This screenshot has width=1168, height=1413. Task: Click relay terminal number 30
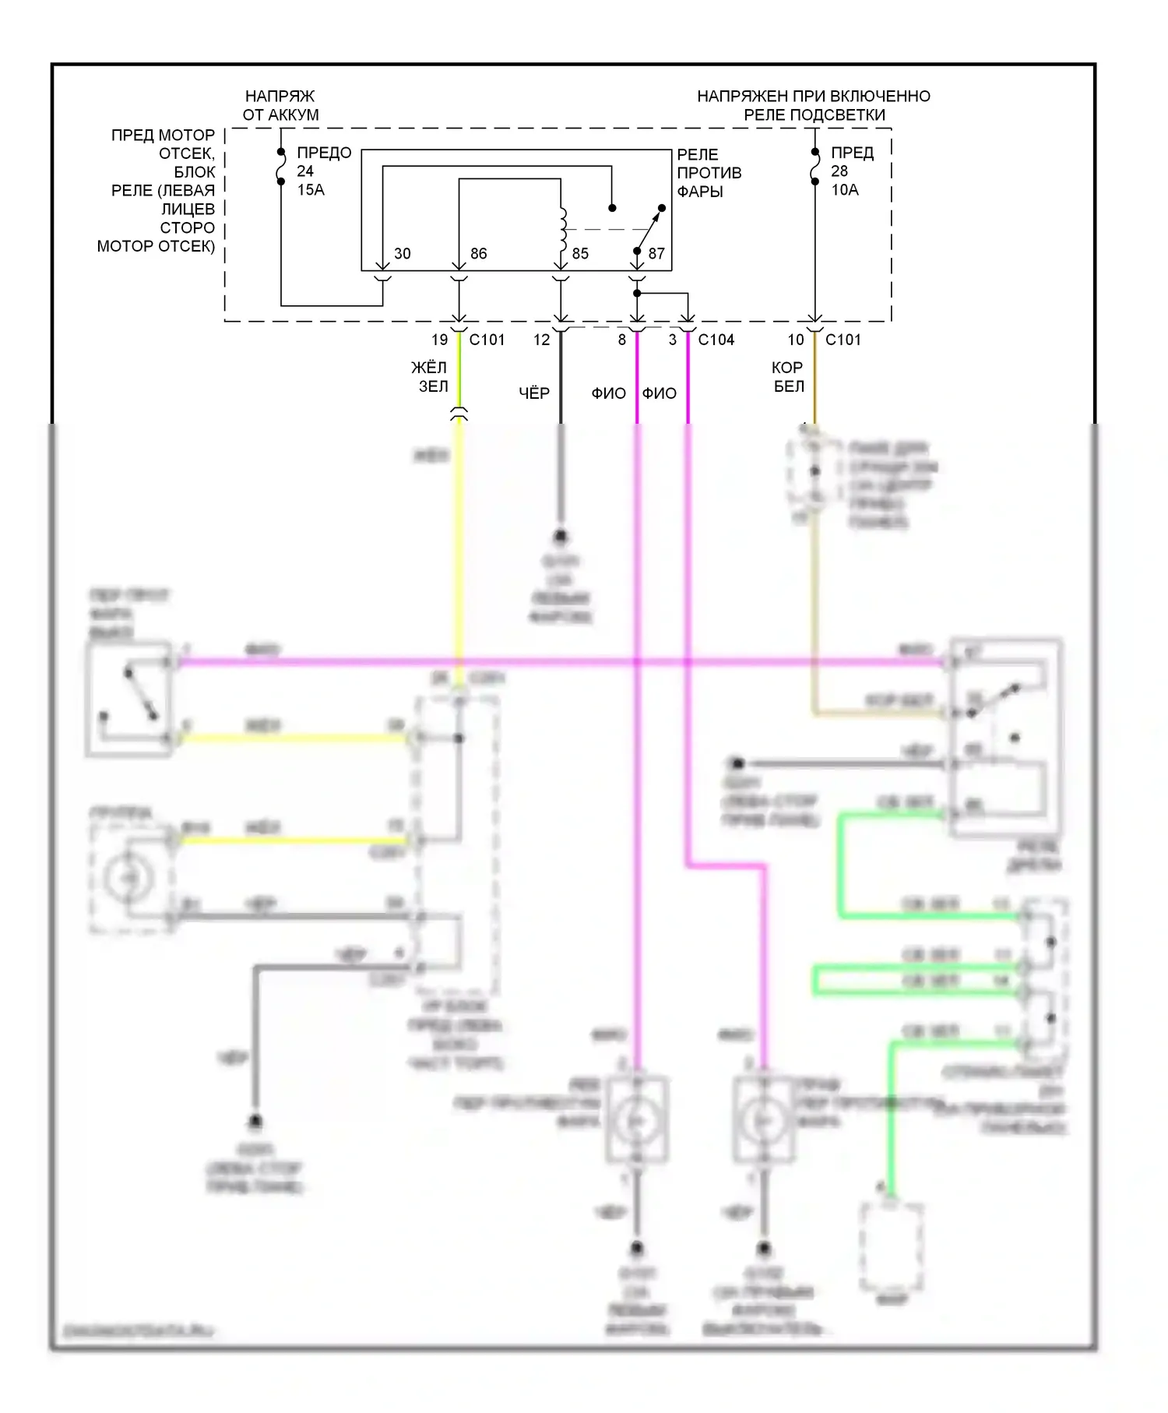[x=402, y=253]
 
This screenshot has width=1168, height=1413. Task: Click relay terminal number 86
[x=478, y=253]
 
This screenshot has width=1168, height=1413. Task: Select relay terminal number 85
[x=580, y=253]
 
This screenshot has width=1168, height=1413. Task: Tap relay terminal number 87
[x=656, y=253]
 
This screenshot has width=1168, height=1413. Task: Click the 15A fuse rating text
[x=311, y=189]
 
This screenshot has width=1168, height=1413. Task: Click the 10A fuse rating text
[x=845, y=189]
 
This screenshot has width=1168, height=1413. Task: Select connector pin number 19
[x=439, y=340]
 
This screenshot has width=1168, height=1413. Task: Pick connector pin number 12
[x=541, y=340]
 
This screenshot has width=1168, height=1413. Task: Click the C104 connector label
[x=716, y=340]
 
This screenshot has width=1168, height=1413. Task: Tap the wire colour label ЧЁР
[x=534, y=393]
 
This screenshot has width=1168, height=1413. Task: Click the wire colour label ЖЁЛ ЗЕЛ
[x=430, y=376]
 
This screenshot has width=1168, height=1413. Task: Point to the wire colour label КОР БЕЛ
[x=787, y=376]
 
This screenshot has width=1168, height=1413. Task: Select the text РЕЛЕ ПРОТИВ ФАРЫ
[x=709, y=172]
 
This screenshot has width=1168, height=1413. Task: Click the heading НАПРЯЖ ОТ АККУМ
[x=280, y=105]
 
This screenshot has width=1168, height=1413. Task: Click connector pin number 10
[x=795, y=340]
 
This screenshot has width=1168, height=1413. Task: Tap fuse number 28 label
[x=839, y=171]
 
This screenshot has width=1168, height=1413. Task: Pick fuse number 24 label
[x=305, y=171]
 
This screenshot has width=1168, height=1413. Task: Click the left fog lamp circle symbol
[x=637, y=1120]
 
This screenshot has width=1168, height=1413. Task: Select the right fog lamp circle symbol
[x=763, y=1120]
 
